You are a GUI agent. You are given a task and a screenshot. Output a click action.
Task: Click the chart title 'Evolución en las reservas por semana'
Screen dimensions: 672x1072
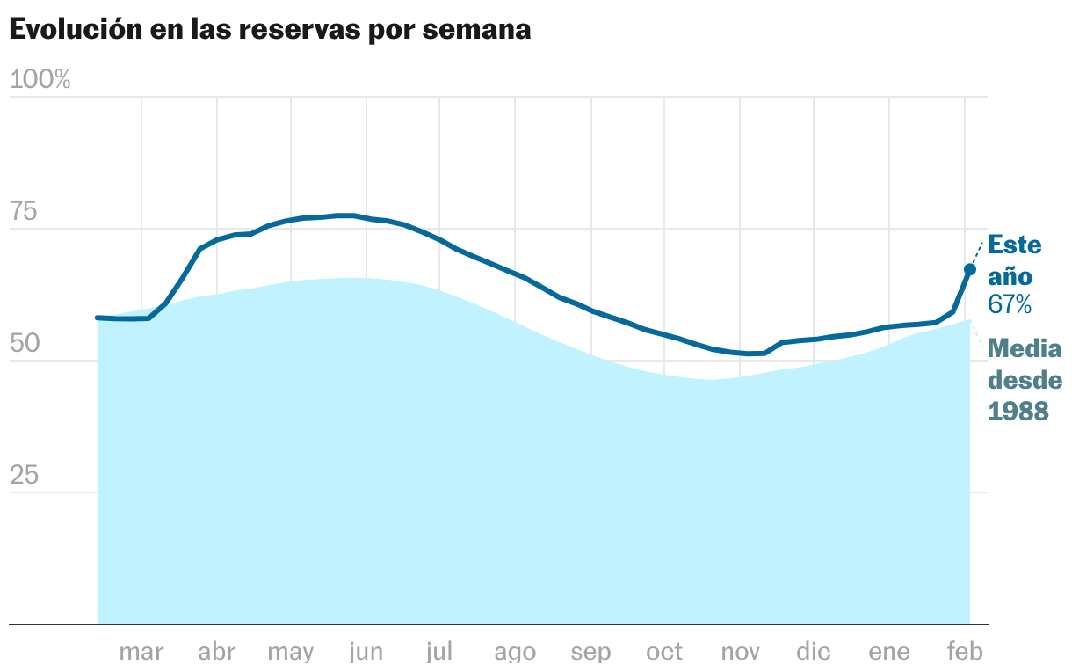point(270,29)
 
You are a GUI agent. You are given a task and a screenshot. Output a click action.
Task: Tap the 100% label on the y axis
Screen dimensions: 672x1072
point(40,80)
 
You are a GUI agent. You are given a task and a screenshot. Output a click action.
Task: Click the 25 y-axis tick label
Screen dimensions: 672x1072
point(25,476)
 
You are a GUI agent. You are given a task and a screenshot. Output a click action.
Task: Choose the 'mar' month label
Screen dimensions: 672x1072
point(141,653)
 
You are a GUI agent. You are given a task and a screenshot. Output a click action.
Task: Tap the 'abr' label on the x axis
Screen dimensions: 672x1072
point(216,653)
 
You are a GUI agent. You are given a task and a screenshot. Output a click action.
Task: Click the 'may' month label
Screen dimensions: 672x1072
point(290,653)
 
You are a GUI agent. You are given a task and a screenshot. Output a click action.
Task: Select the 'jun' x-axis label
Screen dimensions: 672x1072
point(366,653)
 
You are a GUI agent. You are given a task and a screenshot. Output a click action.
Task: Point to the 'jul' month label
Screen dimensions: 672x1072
point(438,653)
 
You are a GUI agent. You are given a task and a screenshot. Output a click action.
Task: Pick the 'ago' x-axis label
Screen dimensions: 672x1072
point(515,653)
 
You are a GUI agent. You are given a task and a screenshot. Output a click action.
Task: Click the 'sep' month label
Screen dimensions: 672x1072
point(590,653)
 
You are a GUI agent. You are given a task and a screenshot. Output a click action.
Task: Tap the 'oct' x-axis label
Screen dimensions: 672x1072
point(664,653)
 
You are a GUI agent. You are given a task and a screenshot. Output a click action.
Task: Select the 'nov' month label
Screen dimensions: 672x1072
point(740,653)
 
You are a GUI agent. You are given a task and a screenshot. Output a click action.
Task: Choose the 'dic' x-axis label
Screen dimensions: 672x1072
point(814,653)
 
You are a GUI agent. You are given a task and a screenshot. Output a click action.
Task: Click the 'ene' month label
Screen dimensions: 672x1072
point(889,653)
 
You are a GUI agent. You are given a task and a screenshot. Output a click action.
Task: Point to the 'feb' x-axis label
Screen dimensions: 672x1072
point(964,653)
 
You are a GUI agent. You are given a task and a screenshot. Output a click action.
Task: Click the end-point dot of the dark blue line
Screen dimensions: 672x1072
point(970,269)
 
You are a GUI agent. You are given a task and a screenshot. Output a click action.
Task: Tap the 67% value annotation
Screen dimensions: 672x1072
point(1010,305)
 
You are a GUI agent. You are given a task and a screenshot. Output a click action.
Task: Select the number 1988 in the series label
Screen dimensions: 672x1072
point(1019,411)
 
